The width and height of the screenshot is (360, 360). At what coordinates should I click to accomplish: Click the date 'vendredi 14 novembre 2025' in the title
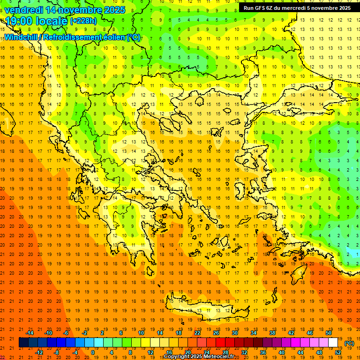tap(65, 10)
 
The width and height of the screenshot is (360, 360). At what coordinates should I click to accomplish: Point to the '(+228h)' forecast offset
tap(83, 21)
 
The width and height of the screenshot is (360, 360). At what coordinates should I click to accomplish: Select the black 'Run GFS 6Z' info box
tap(297, 8)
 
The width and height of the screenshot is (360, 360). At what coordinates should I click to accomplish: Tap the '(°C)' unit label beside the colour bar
tap(349, 343)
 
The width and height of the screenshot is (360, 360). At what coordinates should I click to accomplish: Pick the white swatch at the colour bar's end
tap(333, 343)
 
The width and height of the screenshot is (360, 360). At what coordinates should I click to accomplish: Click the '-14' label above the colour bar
tap(30, 333)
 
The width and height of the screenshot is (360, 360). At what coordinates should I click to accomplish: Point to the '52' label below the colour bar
tap(338, 352)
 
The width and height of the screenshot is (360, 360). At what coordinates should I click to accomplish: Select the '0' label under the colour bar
tap(93, 352)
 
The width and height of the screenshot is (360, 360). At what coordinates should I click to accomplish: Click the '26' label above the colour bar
tap(216, 333)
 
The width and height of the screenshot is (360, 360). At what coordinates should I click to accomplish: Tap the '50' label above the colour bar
tap(329, 333)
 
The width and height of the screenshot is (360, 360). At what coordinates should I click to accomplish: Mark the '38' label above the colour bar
tap(272, 333)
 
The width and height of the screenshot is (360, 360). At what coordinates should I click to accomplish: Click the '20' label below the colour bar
tap(187, 352)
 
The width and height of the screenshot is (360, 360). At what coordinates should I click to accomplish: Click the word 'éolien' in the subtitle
tap(111, 37)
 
